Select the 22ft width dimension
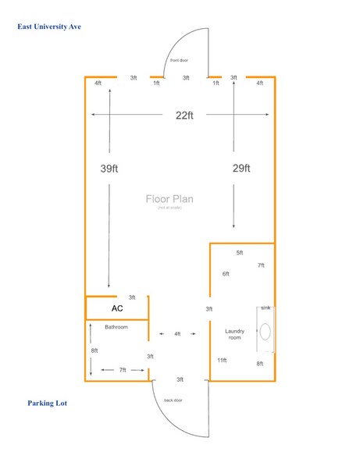(x=184, y=115)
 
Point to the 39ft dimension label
(x=111, y=168)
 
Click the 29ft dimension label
(x=241, y=168)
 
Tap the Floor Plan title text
(x=169, y=199)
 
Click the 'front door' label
(x=179, y=60)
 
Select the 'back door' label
(x=173, y=400)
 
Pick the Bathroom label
(x=116, y=327)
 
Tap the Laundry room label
(x=235, y=334)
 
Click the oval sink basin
(x=266, y=336)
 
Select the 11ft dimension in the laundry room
(x=222, y=360)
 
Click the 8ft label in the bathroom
(x=94, y=350)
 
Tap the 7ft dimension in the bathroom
(x=123, y=369)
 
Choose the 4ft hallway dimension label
(x=177, y=334)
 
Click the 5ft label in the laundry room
(x=240, y=253)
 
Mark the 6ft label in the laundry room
(x=226, y=274)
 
